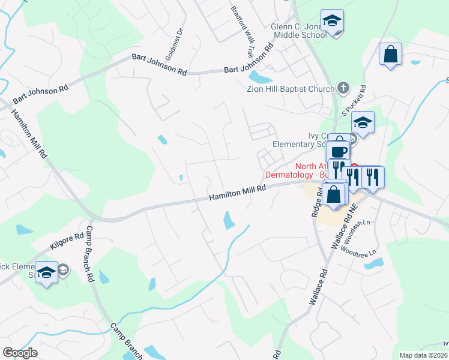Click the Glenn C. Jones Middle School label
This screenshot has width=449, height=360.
(x=299, y=31)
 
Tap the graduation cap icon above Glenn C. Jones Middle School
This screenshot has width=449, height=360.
(x=332, y=21)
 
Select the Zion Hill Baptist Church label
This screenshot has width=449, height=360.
(x=291, y=89)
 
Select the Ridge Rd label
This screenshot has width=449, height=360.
(x=316, y=201)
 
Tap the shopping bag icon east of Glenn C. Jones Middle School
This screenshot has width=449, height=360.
(x=390, y=54)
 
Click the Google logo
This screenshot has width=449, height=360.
(x=20, y=353)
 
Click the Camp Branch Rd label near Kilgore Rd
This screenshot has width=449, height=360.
(x=90, y=254)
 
